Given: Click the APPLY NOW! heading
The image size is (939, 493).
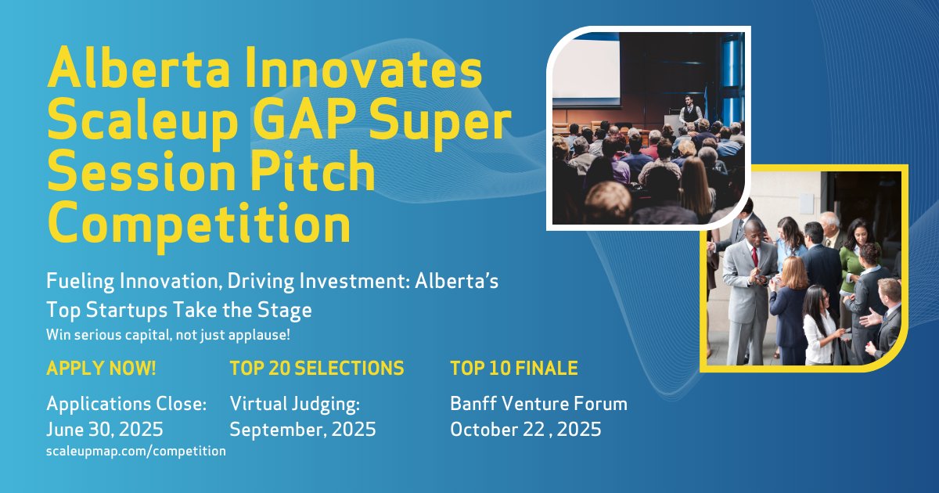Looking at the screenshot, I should tap(101, 368).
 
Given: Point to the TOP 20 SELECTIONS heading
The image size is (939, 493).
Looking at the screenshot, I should tap(317, 368).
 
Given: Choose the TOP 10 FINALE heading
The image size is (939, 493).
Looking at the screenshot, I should tap(514, 368).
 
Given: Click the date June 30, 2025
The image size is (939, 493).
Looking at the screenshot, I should tap(105, 429).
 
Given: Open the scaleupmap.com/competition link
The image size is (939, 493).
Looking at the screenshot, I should tap(136, 451).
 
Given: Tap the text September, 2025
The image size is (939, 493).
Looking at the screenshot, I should tap(302, 429).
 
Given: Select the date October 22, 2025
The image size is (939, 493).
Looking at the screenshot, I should tap(525, 429).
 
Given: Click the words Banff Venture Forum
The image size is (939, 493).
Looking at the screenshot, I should tap(538, 404).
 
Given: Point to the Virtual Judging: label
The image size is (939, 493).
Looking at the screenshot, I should tap(294, 404).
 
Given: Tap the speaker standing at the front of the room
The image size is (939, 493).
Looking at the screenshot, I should tap(689, 112).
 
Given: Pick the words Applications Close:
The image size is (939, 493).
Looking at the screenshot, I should tap(127, 404).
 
